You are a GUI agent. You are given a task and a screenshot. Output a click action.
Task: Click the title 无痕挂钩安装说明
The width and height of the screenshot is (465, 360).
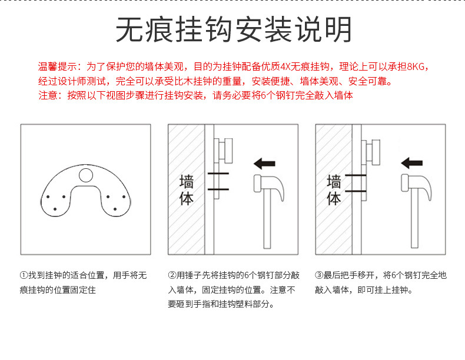[234, 29]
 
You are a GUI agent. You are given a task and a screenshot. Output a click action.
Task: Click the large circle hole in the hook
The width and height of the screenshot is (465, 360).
[86, 174]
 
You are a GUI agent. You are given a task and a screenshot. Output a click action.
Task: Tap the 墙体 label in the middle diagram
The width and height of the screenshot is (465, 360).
[186, 189]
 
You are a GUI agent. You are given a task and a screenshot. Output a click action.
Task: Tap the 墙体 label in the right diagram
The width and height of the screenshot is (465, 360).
[334, 189]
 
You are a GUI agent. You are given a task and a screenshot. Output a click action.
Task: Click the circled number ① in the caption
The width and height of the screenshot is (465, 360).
[24, 275]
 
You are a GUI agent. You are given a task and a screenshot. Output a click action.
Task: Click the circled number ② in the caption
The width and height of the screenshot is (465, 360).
[172, 275]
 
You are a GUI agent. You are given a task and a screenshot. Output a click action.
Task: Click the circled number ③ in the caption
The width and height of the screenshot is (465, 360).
[318, 275]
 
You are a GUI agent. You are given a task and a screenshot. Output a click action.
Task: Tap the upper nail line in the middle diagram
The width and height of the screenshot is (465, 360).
[218, 175]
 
